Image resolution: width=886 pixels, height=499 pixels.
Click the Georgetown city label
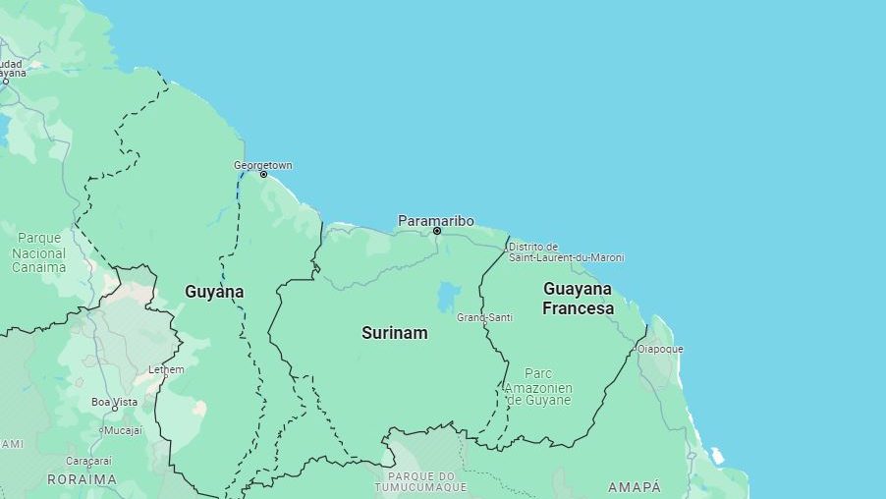tap(262, 165)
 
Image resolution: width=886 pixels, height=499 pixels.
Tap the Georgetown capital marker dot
tap(263, 175)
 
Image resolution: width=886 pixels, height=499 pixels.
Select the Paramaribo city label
tap(435, 221)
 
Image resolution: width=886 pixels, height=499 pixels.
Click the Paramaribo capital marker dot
tap(437, 232)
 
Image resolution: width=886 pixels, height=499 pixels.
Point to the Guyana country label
tap(214, 292)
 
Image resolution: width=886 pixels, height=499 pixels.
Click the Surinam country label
tap(394, 333)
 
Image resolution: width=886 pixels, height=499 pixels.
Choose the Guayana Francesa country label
tap(578, 298)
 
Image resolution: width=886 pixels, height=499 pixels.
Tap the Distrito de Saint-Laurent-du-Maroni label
tap(566, 252)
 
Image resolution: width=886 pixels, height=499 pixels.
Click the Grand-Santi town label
tap(484, 317)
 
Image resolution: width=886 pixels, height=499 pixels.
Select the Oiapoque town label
tap(660, 349)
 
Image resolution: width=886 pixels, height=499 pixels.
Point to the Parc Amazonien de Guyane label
tap(538, 387)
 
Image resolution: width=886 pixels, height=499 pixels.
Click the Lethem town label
tap(166, 369)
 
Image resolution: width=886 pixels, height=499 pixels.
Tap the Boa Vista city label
tap(114, 402)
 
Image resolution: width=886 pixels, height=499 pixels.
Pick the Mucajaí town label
tap(123, 430)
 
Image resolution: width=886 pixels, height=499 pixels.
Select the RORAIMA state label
tap(82, 480)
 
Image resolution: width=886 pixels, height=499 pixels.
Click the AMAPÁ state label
tap(634, 487)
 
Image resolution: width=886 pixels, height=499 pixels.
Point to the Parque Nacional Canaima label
tap(39, 252)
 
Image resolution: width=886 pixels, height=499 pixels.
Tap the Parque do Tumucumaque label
tap(420, 481)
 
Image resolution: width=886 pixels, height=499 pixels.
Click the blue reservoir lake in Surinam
tap(449, 296)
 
